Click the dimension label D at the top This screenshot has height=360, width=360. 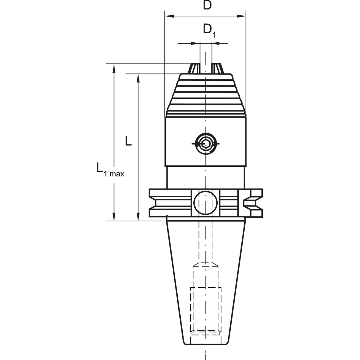pos(207,5)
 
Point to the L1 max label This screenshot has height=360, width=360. pos(110,170)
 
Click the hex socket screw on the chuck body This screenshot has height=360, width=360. pos(206,144)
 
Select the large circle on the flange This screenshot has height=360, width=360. pos(206,203)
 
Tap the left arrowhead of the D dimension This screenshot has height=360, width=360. pos(170,16)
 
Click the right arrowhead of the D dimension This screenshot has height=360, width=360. pos(241,16)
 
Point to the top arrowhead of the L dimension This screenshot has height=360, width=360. pos(138,78)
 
